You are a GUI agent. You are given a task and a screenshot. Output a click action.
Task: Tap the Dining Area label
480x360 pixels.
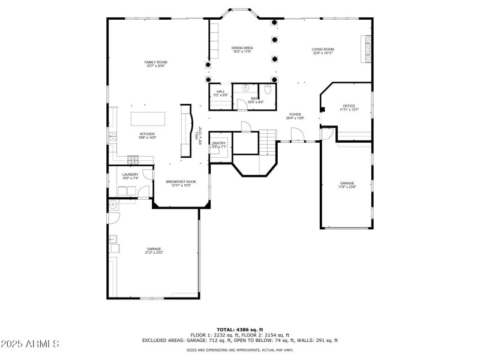click(242, 50)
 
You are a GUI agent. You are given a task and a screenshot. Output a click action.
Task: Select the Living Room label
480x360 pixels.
click(323, 51)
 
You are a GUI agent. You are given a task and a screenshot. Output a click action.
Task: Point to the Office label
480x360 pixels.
click(349, 108)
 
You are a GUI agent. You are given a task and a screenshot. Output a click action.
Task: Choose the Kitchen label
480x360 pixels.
click(148, 136)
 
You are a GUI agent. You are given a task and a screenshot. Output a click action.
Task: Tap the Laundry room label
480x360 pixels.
click(130, 176)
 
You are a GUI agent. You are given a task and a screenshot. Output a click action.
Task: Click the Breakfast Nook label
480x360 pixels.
click(181, 183)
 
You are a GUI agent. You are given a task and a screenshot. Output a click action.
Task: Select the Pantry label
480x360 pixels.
click(218, 145)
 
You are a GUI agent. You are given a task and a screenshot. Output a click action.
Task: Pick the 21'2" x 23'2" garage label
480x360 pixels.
click(154, 250)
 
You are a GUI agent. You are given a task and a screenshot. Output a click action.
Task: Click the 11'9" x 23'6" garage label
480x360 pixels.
click(347, 185)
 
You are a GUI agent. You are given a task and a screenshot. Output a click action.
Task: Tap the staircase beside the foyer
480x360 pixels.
click(268, 142)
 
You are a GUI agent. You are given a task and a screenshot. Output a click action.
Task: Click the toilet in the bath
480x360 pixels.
click(269, 90)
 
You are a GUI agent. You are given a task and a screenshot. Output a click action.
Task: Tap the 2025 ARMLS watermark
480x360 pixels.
click(30, 344)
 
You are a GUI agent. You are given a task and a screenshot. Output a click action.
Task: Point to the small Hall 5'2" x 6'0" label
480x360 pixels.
click(220, 93)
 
